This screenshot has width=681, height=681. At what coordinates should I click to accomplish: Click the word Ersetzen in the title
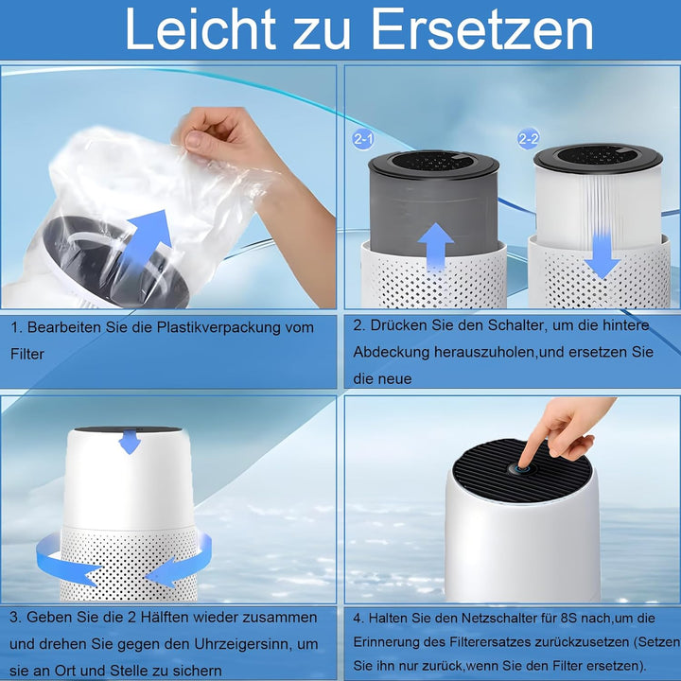click(482, 30)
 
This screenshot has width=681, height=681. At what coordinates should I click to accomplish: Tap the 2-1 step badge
click(363, 139)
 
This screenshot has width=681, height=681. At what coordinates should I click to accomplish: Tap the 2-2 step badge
click(528, 139)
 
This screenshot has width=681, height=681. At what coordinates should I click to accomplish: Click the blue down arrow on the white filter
click(602, 253)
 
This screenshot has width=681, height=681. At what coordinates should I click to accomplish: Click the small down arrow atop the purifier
click(130, 442)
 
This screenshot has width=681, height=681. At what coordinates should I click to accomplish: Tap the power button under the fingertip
click(520, 466)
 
